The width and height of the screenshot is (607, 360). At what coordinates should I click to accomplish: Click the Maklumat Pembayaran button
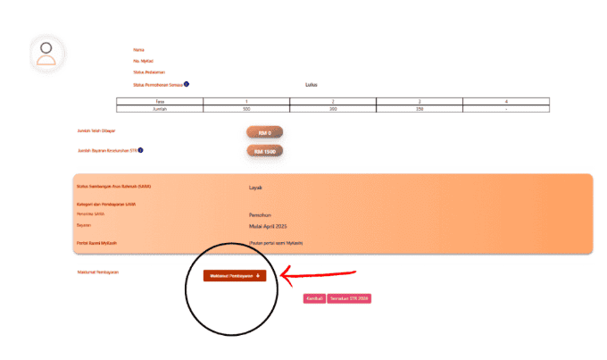point(235,276)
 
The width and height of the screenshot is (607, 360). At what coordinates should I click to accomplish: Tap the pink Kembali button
point(314,298)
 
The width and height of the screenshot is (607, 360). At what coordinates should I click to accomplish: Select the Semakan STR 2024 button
point(349,298)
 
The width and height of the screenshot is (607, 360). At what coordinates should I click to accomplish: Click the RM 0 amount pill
point(264,132)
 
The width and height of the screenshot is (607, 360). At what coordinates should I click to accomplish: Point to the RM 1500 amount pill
point(264,151)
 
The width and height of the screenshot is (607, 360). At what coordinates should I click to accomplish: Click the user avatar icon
point(46,54)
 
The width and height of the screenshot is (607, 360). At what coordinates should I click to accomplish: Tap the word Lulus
point(312,85)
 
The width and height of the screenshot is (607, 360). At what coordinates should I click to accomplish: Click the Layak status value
point(255,188)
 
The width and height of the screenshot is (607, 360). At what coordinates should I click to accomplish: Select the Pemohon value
point(260,215)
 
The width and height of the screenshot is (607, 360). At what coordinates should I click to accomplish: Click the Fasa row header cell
point(160,102)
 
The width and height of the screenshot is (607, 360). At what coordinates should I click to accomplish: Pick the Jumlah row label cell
point(160,108)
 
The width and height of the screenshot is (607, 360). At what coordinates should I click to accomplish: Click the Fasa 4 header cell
point(506,102)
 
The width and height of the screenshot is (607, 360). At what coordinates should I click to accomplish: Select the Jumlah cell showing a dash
point(506,108)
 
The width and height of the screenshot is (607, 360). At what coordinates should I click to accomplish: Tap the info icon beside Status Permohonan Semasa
point(187,84)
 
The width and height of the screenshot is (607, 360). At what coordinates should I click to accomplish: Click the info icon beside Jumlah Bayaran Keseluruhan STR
point(142,150)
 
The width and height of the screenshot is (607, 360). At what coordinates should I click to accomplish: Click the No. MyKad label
point(141,61)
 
